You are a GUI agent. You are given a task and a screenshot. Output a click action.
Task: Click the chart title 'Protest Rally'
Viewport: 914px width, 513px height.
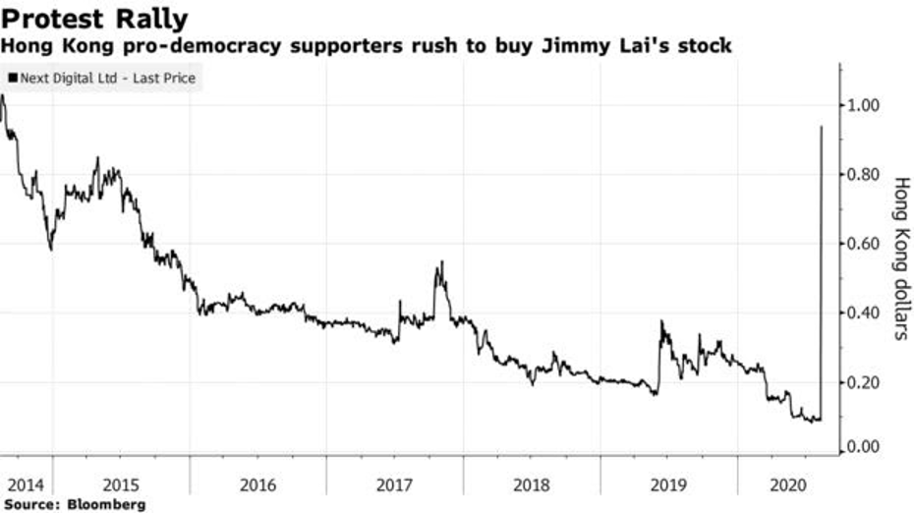[x=95, y=19]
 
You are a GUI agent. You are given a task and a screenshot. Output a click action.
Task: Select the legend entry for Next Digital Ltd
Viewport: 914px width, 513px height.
[x=102, y=78]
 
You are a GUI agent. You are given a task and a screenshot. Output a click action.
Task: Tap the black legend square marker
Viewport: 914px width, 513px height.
[x=12, y=78]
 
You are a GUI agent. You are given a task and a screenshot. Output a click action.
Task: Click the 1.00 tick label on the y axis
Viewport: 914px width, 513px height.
[x=862, y=105]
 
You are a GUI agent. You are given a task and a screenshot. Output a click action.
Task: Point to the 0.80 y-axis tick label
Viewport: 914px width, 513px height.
[x=862, y=174]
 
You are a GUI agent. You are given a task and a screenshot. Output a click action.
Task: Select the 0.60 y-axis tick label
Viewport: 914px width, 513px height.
[x=862, y=243]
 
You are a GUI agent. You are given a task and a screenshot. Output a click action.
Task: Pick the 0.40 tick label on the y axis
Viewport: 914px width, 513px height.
[x=862, y=313]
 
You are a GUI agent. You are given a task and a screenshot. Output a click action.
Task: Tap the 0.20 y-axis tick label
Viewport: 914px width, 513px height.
[x=862, y=382]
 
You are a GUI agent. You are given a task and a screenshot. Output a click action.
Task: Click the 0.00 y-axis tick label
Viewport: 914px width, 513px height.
[x=862, y=447]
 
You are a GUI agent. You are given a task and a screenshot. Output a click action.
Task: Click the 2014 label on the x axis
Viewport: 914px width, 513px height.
[x=26, y=485]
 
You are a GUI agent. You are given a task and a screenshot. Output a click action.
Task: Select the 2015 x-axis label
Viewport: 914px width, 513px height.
[x=121, y=485]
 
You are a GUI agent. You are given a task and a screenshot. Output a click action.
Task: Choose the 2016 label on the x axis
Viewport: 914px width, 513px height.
[x=257, y=485]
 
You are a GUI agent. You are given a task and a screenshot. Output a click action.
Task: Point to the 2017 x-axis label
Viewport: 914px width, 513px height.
[x=395, y=485]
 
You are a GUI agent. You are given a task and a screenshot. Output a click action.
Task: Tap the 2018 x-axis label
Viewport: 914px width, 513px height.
[x=532, y=485]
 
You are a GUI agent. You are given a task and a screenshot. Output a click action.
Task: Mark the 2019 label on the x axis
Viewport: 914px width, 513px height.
[x=668, y=485]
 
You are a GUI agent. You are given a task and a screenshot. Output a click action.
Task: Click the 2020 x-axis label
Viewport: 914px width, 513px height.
[x=788, y=485]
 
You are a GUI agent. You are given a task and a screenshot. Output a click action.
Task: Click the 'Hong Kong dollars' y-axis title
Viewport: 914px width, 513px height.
[x=901, y=258]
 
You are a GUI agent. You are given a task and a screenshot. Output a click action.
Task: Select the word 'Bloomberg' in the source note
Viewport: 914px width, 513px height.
[x=106, y=504]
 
